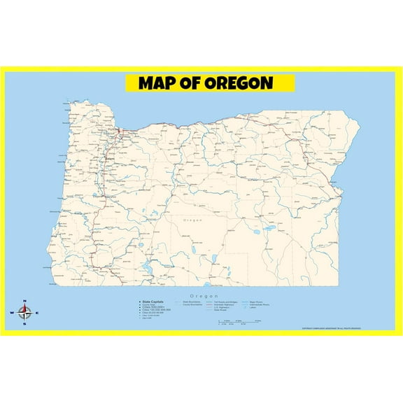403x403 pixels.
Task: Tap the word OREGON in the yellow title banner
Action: coord(239,83)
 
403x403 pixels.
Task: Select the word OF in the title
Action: coord(192,83)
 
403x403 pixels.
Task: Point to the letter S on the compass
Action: coord(24,324)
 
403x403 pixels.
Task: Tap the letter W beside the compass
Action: coord(12,313)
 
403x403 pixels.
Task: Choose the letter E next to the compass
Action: coord(37,313)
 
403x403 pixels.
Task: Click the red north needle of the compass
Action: coord(24,308)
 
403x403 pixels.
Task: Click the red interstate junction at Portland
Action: coord(120,131)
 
